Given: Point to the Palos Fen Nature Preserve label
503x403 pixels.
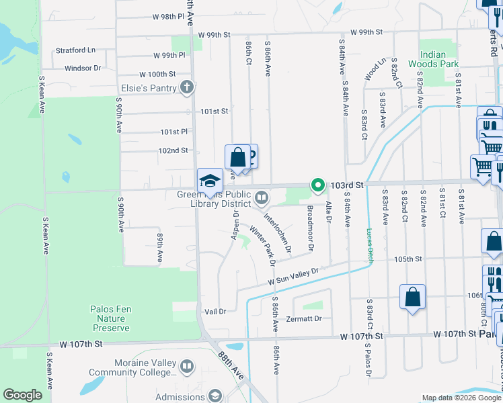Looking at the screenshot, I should [110, 318].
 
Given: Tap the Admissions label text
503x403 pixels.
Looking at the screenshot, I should [180, 396].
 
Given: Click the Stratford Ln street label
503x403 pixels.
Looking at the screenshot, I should [75, 50].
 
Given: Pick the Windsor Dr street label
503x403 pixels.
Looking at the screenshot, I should [83, 68].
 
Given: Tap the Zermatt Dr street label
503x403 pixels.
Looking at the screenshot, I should [304, 318].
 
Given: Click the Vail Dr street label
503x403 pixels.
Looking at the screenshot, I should [215, 311].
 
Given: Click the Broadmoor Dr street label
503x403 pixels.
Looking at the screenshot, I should [310, 228].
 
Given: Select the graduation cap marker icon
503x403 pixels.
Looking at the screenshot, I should [210, 180].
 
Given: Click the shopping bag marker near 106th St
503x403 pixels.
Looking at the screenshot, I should [412, 296].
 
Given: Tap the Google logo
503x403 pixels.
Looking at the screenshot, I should [23, 395].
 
